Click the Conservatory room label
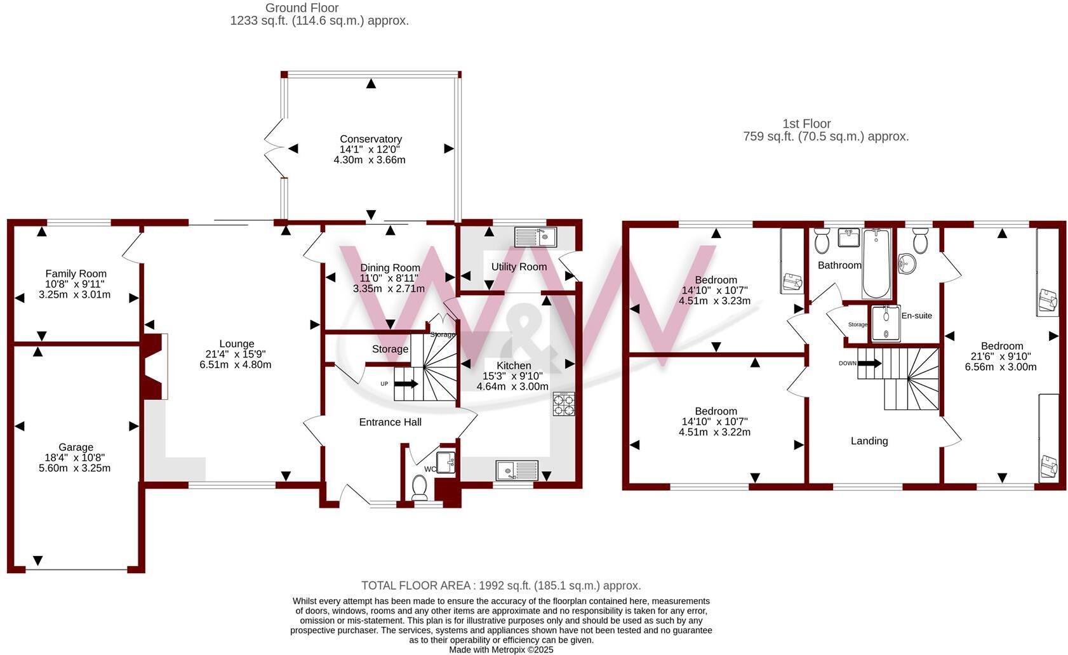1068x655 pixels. (371, 139)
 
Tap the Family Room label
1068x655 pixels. (76, 274)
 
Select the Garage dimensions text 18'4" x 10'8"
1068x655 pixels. (75, 458)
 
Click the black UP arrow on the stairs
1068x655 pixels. (406, 383)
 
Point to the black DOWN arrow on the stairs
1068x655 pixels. (869, 363)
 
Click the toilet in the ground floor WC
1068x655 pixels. (419, 487)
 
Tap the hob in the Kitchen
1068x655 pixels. (564, 404)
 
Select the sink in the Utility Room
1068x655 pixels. (535, 237)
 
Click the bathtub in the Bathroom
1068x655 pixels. (876, 263)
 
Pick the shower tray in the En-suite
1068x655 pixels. (885, 324)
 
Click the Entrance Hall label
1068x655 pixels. (390, 422)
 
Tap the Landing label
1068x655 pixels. (869, 441)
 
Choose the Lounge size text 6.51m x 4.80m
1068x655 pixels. (236, 365)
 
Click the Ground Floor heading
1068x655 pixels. (302, 8)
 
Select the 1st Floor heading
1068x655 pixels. (806, 124)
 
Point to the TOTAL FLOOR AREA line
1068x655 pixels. (501, 586)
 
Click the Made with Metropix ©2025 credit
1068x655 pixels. (501, 650)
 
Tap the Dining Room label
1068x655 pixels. (390, 268)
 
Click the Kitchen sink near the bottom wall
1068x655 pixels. (516, 470)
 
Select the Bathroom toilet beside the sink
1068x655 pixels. (822, 241)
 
